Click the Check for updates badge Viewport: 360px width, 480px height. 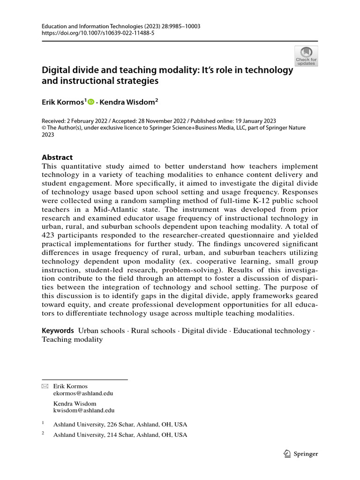tap(306, 56)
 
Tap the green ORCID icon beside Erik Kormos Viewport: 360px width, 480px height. tap(91, 101)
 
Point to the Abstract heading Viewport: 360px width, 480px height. tap(57, 157)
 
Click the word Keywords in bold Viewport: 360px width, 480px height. tap(58, 330)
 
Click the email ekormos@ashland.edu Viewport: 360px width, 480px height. tap(83, 393)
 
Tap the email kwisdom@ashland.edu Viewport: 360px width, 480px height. tap(84, 410)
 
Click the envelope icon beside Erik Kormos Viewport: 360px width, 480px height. tap(45, 386)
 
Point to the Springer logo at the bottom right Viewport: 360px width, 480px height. tap(301, 454)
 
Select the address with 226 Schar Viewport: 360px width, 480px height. tap(120, 424)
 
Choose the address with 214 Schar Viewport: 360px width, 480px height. tap(120, 435)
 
